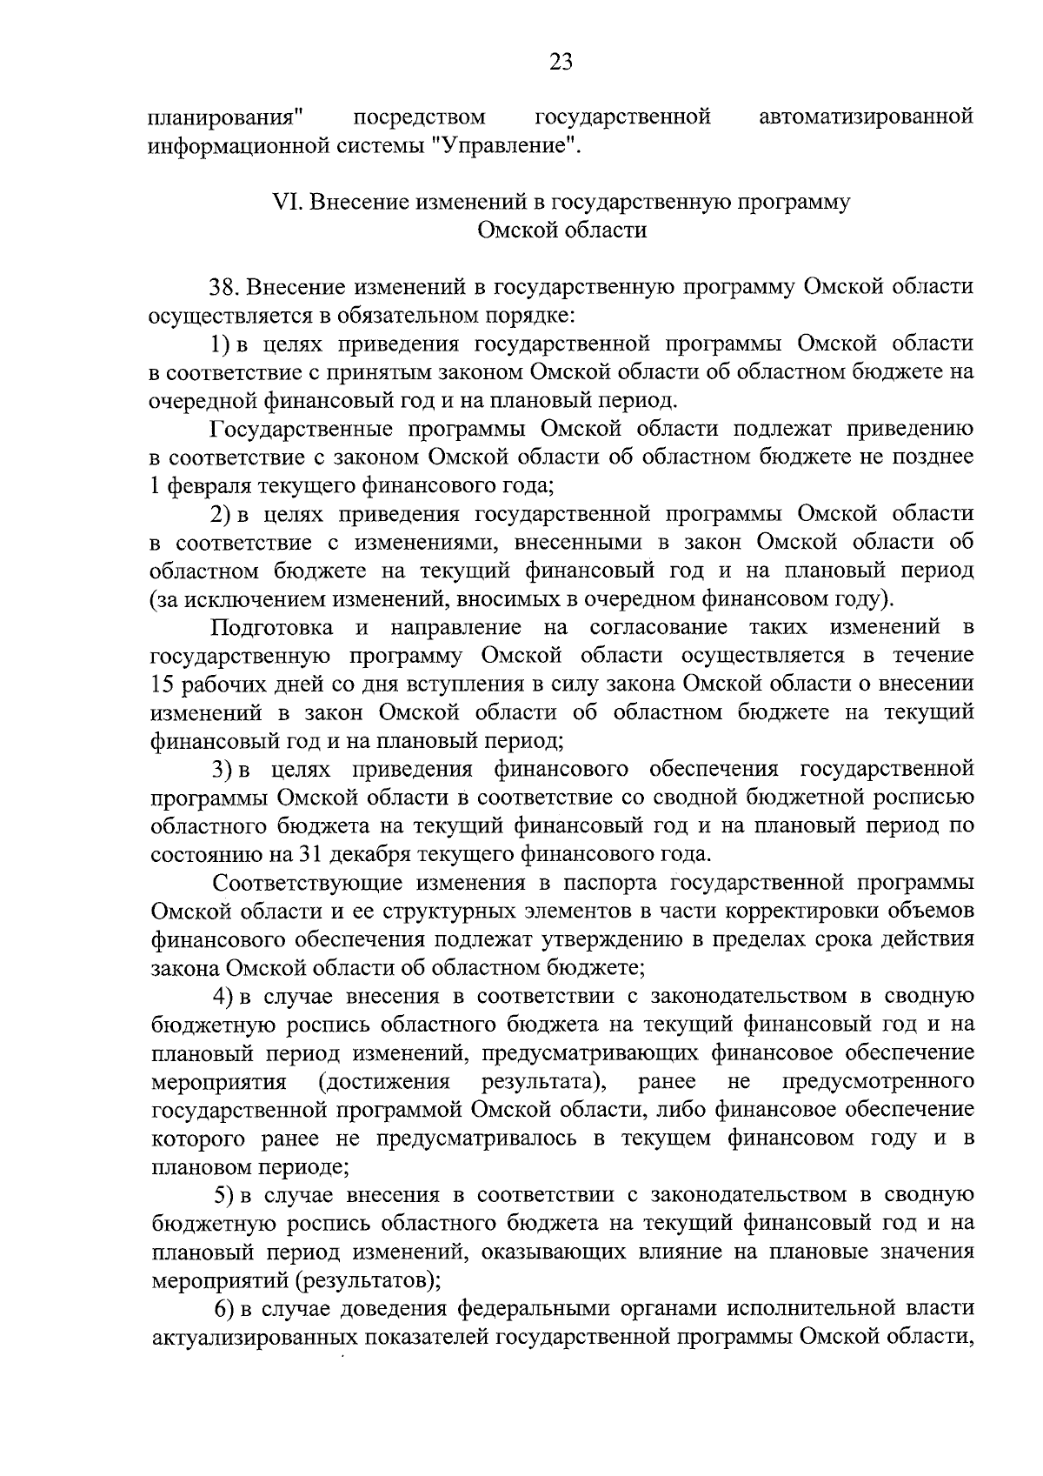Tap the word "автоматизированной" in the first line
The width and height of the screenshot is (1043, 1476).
[866, 117]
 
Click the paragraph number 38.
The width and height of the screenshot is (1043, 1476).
[222, 288]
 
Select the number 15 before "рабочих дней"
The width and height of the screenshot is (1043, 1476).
[163, 685]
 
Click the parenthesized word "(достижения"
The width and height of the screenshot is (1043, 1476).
[383, 1081]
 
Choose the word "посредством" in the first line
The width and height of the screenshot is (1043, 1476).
[421, 117]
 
